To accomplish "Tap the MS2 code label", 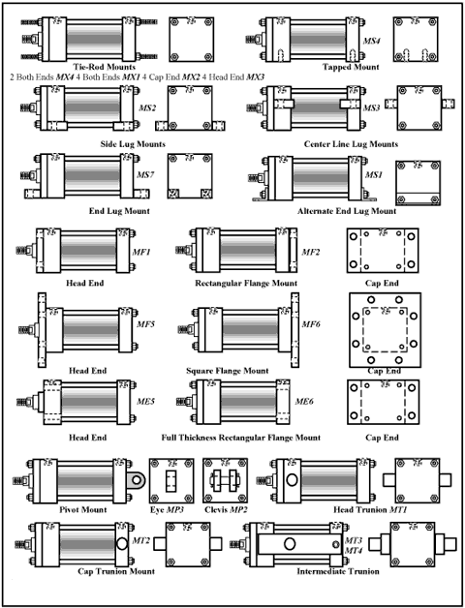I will (x=147, y=107).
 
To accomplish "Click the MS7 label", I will (x=147, y=175).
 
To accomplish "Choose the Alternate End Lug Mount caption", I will (x=347, y=210).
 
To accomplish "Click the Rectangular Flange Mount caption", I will (x=246, y=283).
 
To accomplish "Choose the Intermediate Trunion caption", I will (x=338, y=571).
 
